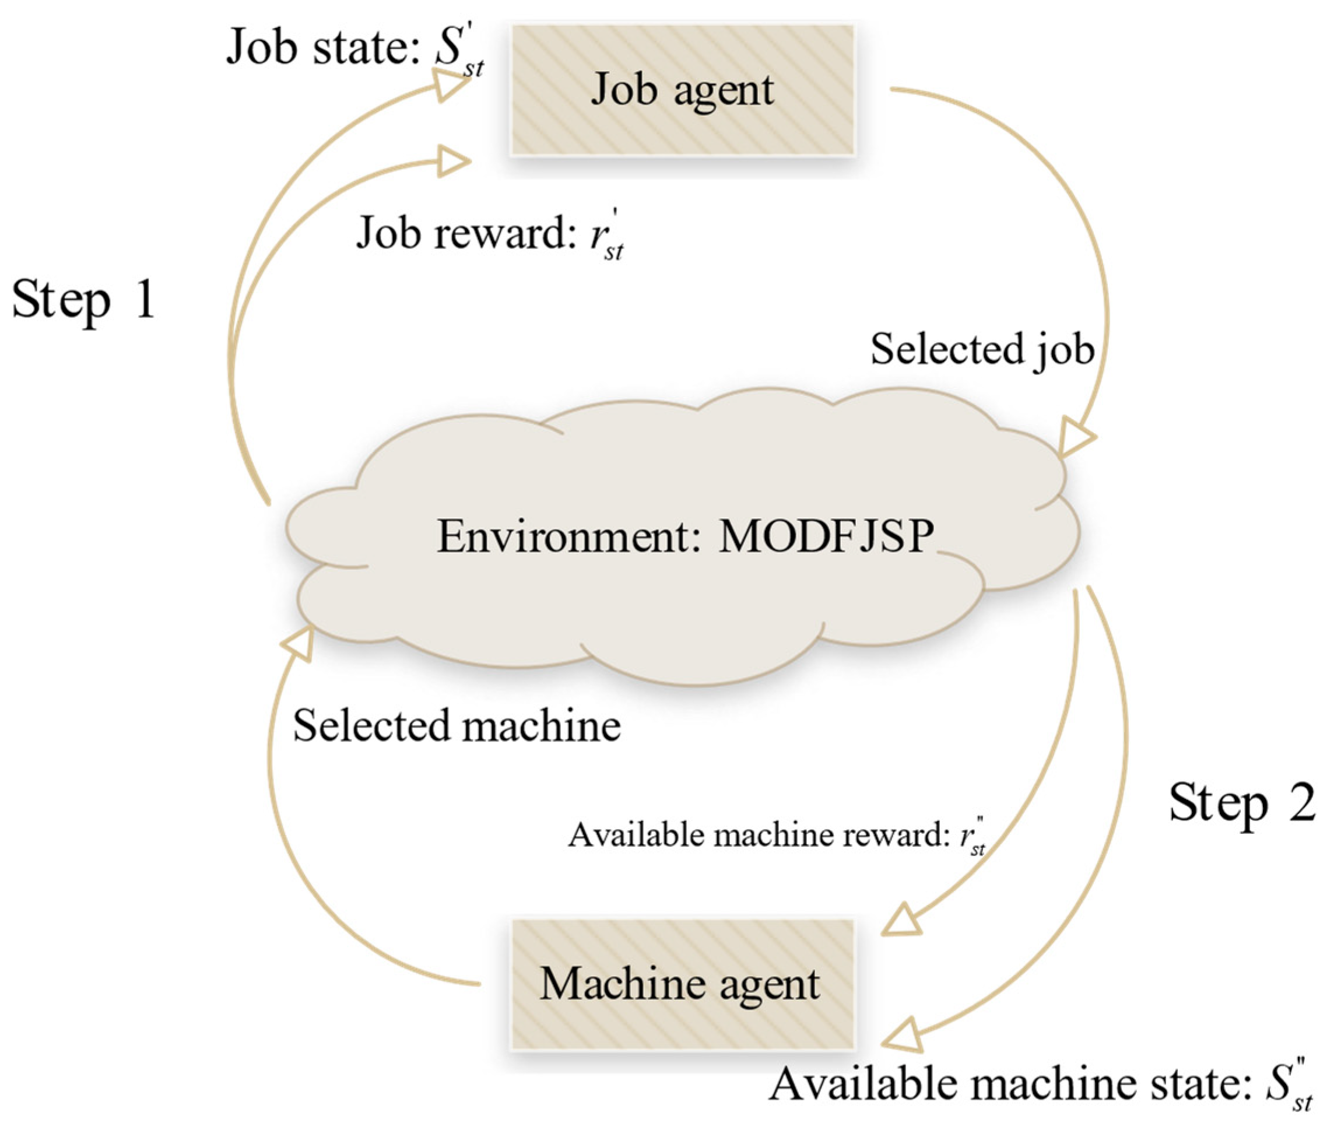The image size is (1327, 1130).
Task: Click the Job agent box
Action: [682, 90]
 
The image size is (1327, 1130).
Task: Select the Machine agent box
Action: [682, 983]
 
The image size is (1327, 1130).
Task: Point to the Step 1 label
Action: [83, 300]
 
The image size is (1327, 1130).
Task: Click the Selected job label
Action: [982, 350]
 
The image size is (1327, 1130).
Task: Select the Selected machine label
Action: [457, 726]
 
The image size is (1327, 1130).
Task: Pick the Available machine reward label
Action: [759, 836]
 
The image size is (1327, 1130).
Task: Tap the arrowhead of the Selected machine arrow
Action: [299, 642]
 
